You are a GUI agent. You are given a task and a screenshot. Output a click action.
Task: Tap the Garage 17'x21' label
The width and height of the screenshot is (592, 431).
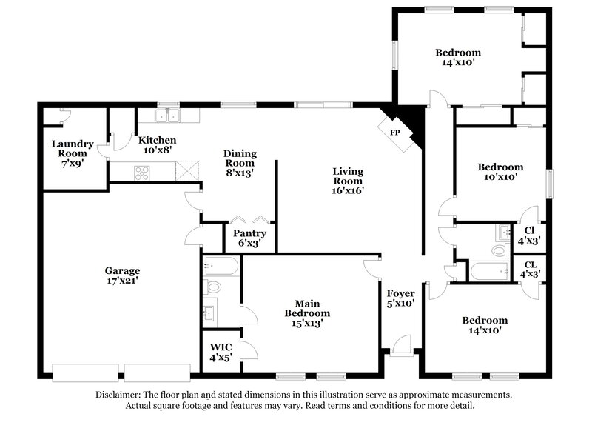coord(122,275)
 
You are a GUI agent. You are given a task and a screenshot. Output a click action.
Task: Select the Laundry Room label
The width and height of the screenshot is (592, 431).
coord(72,149)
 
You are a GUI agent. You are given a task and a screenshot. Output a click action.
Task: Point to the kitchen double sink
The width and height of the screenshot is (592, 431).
coord(169,116)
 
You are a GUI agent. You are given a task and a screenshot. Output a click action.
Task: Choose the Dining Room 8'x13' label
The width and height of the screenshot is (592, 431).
coord(240,163)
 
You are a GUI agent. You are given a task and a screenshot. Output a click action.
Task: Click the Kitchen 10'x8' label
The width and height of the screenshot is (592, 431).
coord(157,144)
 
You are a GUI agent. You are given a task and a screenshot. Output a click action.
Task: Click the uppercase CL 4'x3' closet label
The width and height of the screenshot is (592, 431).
coord(531,269)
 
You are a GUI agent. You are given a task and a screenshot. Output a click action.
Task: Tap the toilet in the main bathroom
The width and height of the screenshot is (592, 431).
coord(213,287)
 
